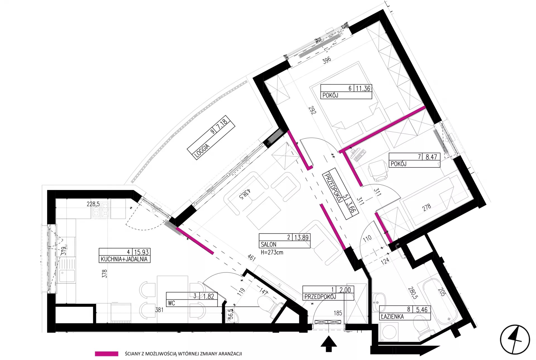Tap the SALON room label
[x=268, y=244]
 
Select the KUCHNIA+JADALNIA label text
[x=124, y=259]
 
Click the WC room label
[x=171, y=303]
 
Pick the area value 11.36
[x=363, y=88]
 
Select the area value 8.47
[x=431, y=157]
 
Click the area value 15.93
[x=141, y=252]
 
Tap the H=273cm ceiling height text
[x=272, y=252]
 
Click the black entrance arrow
[x=329, y=345]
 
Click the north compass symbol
[x=515, y=340]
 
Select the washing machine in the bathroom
[x=388, y=332]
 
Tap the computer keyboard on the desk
[x=359, y=156]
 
